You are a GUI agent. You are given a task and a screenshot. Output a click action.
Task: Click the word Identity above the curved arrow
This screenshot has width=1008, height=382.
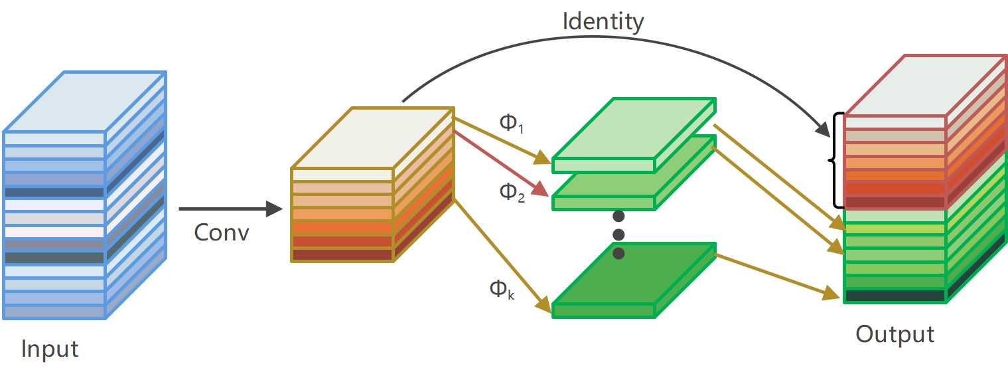(x=603, y=22)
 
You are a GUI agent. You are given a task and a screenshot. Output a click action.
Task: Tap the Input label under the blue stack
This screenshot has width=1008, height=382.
(x=50, y=349)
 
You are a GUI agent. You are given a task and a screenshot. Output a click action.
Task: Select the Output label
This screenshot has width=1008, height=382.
(x=895, y=334)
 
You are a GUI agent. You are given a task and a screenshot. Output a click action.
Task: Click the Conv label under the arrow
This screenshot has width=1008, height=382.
(x=222, y=233)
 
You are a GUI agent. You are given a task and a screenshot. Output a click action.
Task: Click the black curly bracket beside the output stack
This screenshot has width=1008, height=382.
(x=837, y=159)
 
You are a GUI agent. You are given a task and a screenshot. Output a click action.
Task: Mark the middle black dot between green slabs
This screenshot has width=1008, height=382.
(x=618, y=235)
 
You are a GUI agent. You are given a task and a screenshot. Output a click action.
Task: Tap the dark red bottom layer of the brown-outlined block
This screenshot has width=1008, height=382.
(x=342, y=254)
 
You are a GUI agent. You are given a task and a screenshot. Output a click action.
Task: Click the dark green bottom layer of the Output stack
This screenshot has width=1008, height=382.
(x=895, y=296)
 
